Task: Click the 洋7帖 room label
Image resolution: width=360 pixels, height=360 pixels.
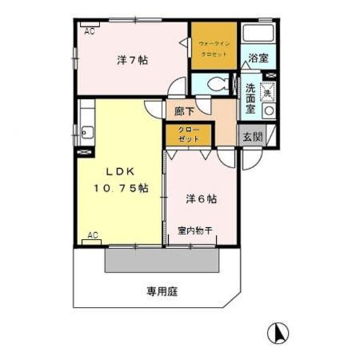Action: (x=131, y=60)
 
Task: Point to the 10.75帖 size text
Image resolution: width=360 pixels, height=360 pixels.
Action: (x=119, y=188)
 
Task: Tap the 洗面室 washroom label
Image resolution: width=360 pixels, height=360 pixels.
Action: (x=251, y=98)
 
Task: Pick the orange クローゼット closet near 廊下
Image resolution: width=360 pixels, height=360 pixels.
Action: (x=189, y=134)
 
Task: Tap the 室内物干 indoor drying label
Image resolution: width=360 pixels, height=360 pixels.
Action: (x=194, y=231)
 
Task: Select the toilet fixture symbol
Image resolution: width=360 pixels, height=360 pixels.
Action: (x=217, y=83)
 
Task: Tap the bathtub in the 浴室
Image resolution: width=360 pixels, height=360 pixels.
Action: (x=258, y=35)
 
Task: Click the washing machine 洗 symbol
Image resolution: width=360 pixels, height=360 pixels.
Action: (x=269, y=92)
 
